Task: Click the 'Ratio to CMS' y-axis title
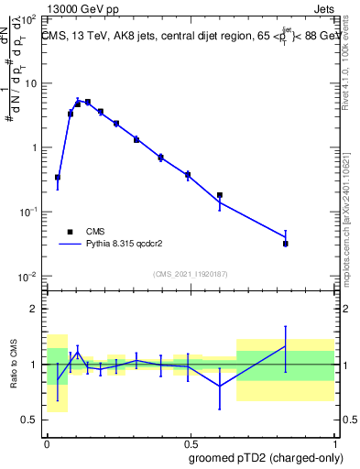pyautogui.click(x=13, y=364)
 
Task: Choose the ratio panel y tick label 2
pyautogui.click(x=35, y=309)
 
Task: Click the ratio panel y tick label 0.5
pyautogui.click(x=29, y=420)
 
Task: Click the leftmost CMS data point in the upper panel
pyautogui.click(x=58, y=177)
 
